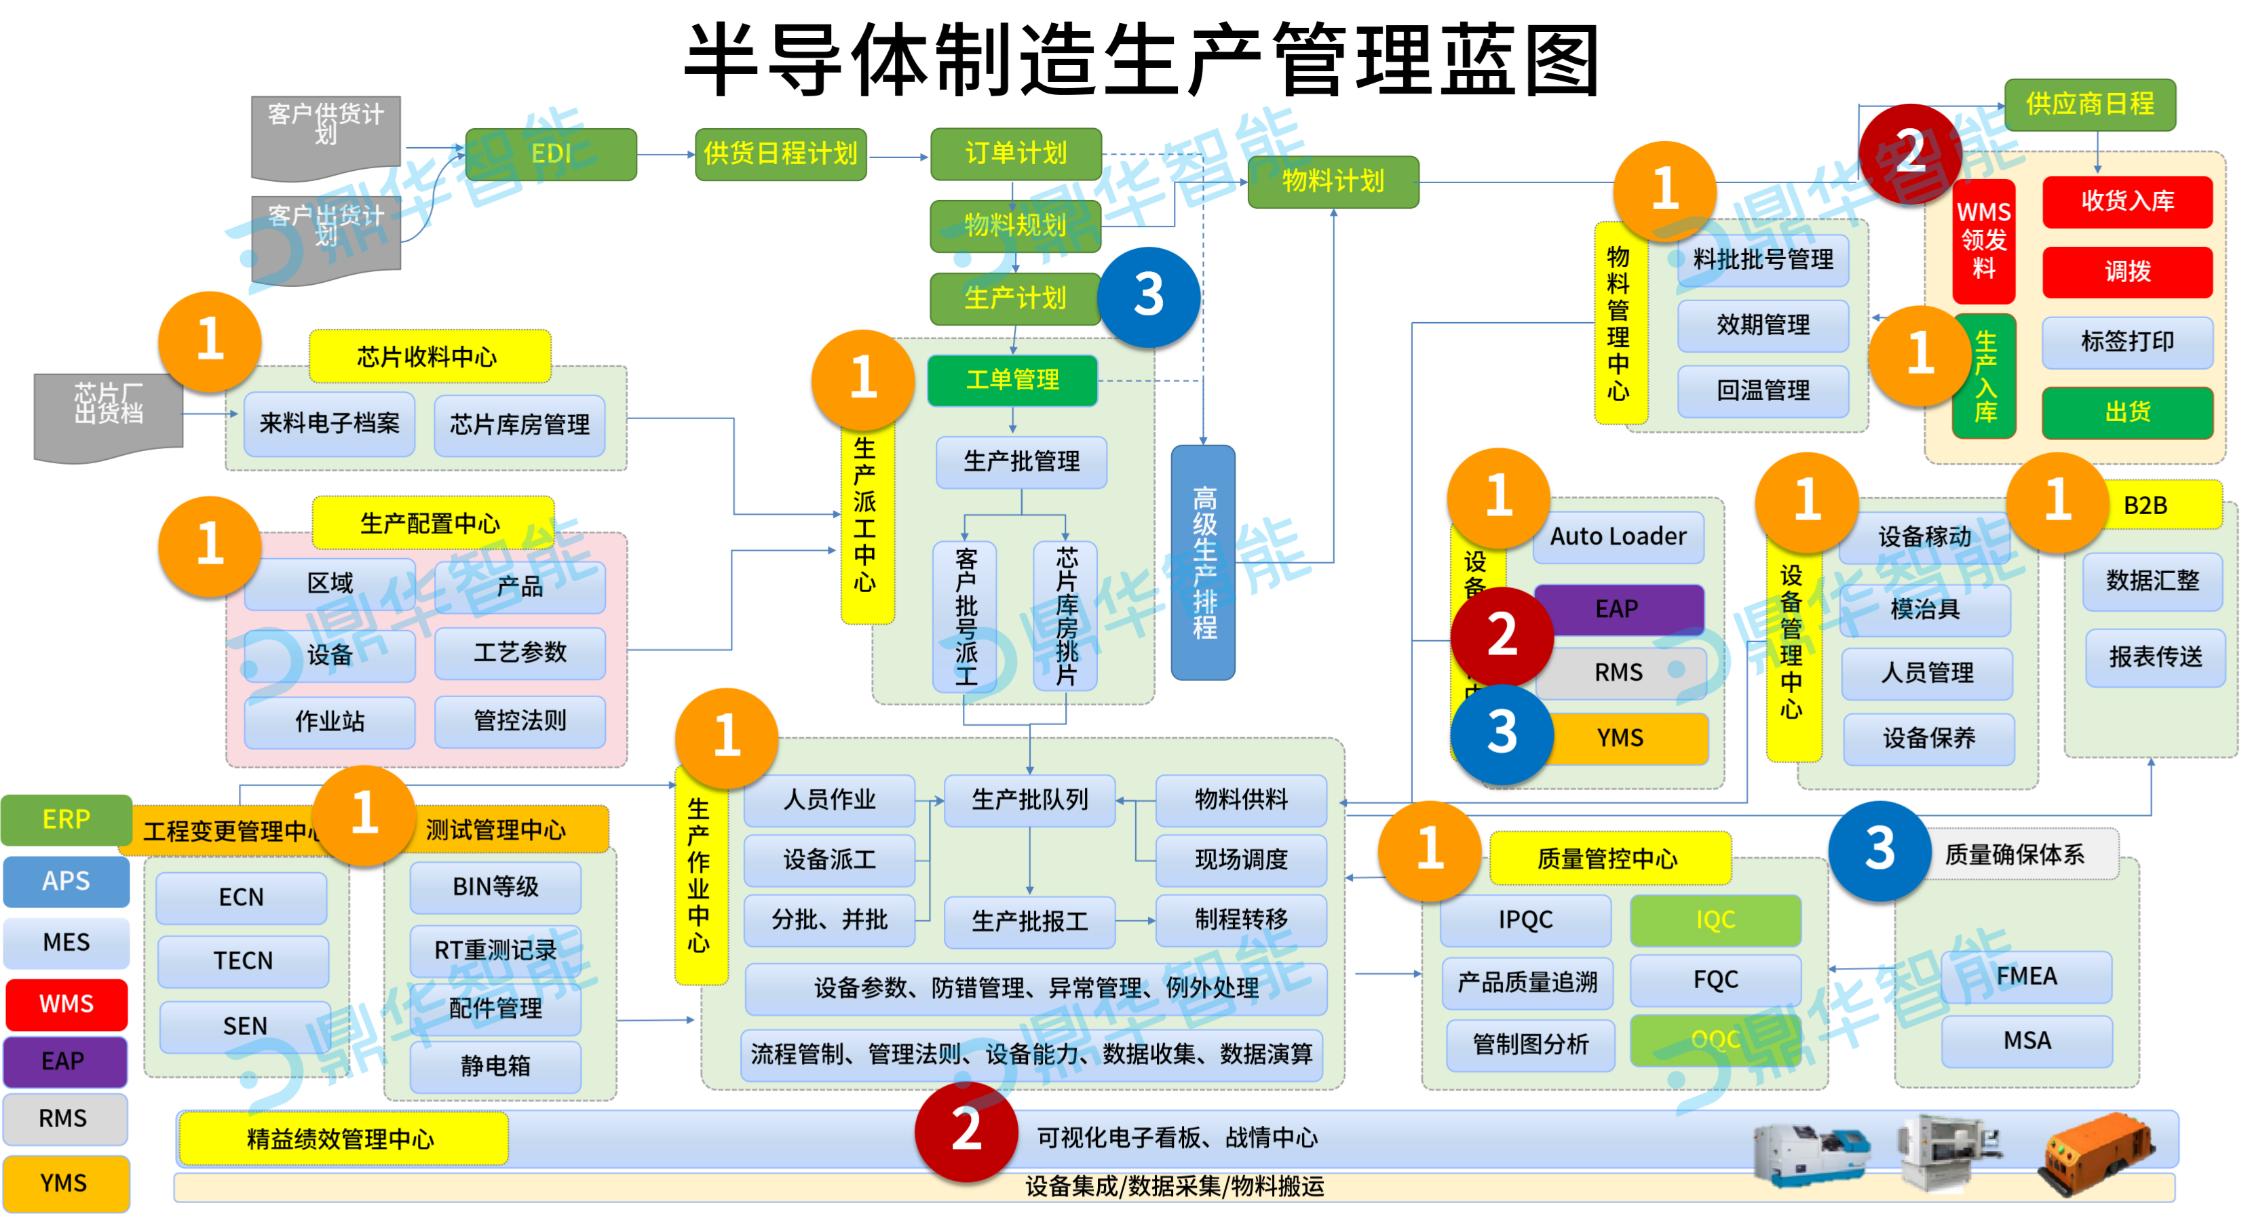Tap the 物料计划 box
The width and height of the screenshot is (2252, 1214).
(x=1333, y=181)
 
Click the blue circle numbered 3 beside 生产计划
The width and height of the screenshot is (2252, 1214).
(x=1148, y=296)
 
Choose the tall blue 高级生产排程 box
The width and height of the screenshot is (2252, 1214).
(x=1203, y=562)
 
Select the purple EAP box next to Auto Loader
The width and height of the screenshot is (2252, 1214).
(x=1618, y=608)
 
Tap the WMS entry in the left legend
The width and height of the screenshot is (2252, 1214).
(x=66, y=1003)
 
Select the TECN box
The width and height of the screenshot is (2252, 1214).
(x=242, y=960)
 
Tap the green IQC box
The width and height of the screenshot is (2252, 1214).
(x=1715, y=920)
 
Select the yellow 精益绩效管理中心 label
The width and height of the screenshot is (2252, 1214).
(x=341, y=1138)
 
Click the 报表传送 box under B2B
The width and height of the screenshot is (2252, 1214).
(x=2154, y=657)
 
